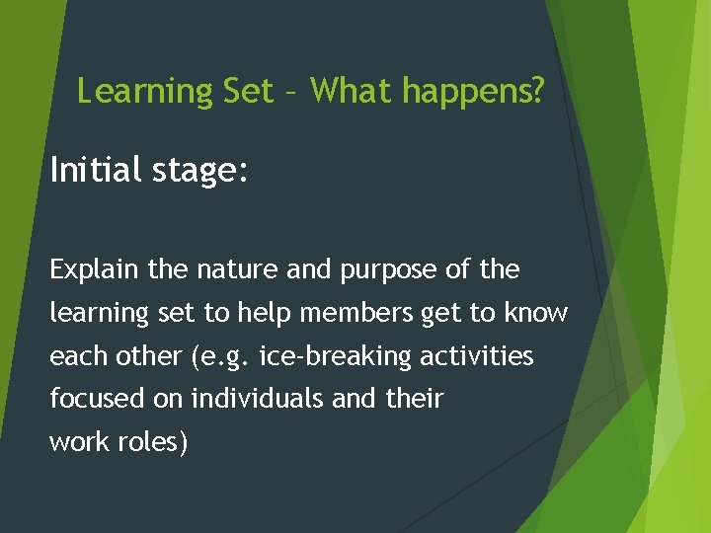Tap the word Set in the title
[249, 92]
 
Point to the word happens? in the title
[473, 92]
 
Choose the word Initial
[97, 171]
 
